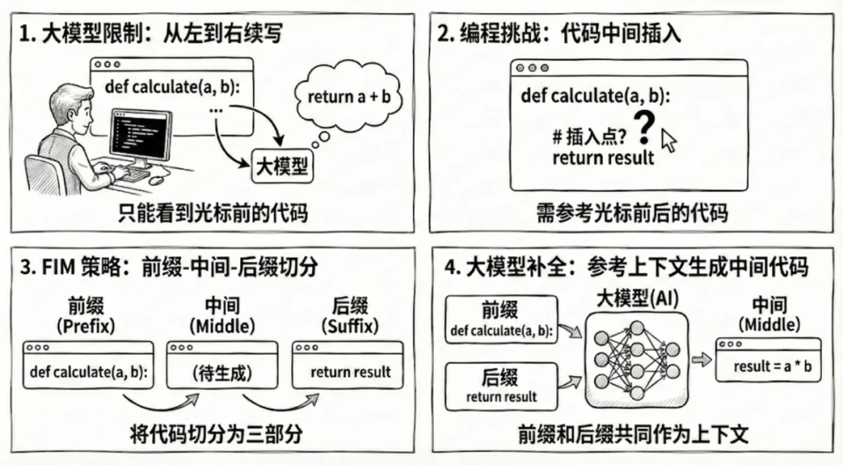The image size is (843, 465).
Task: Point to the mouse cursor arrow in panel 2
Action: (x=669, y=141)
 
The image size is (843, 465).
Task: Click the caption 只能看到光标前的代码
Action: (x=212, y=212)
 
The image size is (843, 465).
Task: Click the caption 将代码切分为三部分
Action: (x=215, y=435)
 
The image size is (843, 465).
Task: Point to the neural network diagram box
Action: (x=635, y=359)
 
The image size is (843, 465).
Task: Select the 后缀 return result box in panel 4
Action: (x=501, y=386)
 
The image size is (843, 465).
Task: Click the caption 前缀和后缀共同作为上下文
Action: (x=633, y=435)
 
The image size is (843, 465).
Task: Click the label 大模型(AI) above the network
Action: (x=635, y=298)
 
